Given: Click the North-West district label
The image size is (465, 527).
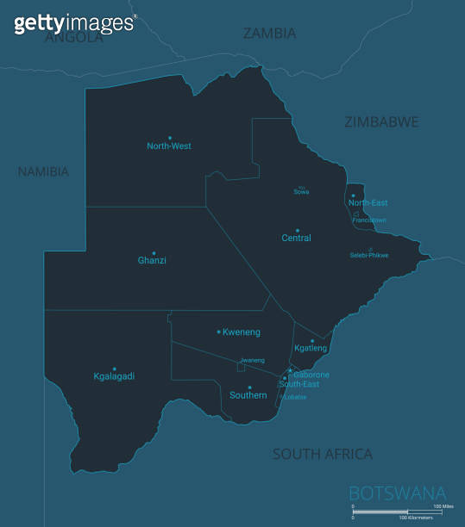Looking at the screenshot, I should [x=169, y=146].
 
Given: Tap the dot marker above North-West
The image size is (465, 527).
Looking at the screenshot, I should [x=170, y=138].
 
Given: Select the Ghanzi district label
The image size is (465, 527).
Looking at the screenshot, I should [x=152, y=260].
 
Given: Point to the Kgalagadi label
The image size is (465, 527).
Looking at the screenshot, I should [x=114, y=376].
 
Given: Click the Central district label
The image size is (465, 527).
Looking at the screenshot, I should [x=297, y=238].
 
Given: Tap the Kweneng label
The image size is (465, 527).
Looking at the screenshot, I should [x=242, y=332].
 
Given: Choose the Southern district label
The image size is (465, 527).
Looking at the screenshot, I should [x=248, y=395].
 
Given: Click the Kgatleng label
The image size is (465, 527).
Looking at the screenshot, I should [x=311, y=348].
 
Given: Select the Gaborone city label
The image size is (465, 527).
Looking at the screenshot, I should [x=311, y=375].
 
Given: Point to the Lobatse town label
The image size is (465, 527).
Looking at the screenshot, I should [x=295, y=397].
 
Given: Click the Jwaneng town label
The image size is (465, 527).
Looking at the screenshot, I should [x=253, y=360].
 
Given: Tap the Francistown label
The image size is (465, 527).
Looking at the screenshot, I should [x=369, y=220].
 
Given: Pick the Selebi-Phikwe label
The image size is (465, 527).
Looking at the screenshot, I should [x=368, y=256].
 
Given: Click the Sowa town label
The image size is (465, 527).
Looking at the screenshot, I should [x=301, y=192].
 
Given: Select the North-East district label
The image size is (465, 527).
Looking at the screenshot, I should [x=368, y=203].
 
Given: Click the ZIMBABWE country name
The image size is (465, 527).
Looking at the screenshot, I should [x=381, y=122].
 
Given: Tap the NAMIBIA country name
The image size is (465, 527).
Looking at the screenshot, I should [x=43, y=172].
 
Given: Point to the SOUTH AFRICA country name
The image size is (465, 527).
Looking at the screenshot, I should [x=323, y=454].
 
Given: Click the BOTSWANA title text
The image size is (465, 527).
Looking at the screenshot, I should [x=397, y=493].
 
